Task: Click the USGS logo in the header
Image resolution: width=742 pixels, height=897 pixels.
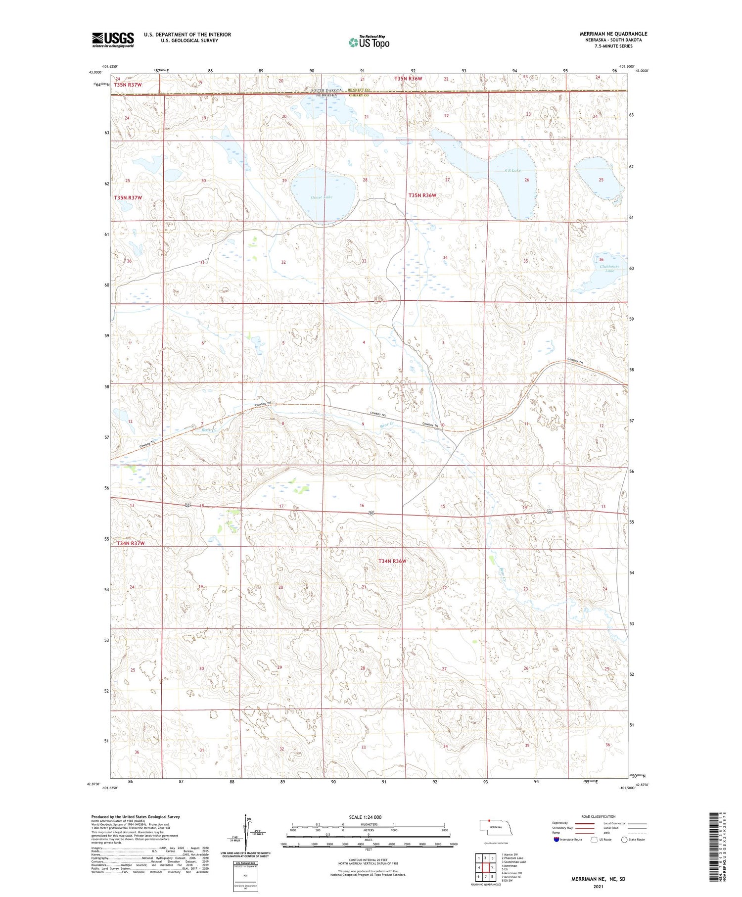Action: (x=113, y=40)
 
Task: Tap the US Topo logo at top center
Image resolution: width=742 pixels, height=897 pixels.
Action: (x=369, y=43)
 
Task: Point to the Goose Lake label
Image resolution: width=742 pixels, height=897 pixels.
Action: (x=322, y=197)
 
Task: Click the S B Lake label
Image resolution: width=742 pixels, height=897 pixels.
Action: (x=512, y=171)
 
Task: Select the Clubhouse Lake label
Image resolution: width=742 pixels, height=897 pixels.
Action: (x=609, y=269)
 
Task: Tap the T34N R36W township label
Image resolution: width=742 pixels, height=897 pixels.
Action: (x=392, y=561)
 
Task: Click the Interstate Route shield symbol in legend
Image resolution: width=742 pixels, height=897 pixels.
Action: (x=556, y=840)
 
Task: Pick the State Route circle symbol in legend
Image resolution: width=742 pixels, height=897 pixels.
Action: (x=624, y=840)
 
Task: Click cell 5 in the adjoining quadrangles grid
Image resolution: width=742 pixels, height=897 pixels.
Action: (x=492, y=867)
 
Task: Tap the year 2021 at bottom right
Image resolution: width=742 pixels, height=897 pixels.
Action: (x=599, y=886)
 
